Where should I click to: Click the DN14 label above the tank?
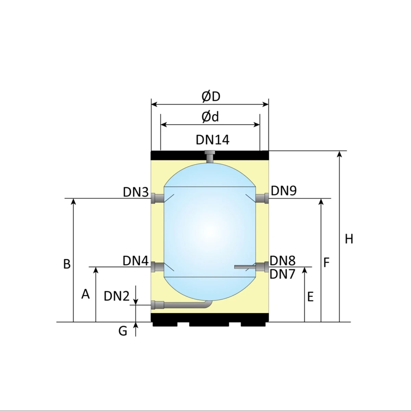coord(212,140)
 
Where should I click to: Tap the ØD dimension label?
coord(211,97)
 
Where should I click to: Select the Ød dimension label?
coord(210,117)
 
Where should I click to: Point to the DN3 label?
coord(136,192)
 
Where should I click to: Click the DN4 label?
coord(135,261)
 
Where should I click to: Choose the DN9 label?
coord(284,190)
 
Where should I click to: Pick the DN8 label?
coord(283,260)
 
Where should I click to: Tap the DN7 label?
coord(282,274)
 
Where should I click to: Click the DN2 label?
coord(117,296)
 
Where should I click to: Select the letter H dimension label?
coord(349,239)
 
